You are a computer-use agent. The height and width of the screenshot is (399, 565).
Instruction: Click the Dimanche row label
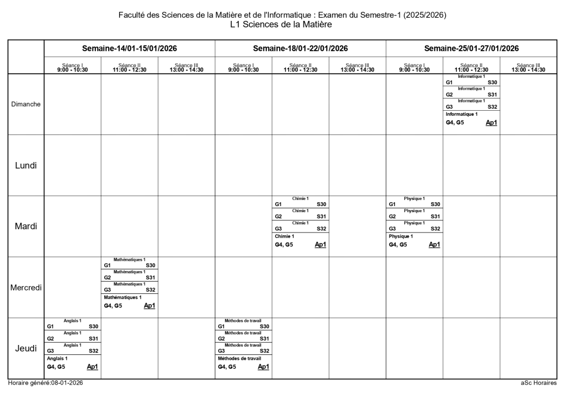click(26, 104)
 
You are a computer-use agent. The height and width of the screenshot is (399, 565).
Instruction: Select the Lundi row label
click(26, 165)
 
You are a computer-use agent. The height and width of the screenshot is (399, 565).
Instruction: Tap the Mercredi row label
click(26, 287)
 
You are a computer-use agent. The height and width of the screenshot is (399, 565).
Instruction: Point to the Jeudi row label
click(26, 348)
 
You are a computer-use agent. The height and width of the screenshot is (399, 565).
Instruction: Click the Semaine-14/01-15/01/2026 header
click(129, 48)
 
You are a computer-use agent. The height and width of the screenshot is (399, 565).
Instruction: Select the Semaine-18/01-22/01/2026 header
click(300, 48)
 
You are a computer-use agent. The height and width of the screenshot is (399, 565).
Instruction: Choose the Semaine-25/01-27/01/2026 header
click(471, 48)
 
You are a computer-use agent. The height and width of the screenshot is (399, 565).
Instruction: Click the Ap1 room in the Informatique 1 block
click(491, 122)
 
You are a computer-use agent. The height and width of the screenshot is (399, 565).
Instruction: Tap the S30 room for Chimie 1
click(321, 204)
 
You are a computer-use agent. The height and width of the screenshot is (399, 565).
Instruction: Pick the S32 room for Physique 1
click(435, 229)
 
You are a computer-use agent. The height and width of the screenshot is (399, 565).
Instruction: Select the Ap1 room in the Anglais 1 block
click(92, 366)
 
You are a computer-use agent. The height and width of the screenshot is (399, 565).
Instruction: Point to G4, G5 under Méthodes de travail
click(227, 366)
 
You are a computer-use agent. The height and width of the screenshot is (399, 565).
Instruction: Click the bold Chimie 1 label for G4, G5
click(285, 236)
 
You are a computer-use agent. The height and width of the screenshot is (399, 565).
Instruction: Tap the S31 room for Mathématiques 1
click(150, 278)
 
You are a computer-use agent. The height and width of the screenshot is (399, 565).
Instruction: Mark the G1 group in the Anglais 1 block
click(50, 327)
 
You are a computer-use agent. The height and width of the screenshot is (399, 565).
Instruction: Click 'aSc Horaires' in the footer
click(539, 383)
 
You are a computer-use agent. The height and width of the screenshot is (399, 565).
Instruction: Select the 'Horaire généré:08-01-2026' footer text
click(45, 383)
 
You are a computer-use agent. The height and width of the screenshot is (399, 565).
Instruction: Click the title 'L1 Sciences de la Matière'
click(282, 25)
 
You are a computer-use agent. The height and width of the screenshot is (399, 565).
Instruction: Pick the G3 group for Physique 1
click(392, 229)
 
